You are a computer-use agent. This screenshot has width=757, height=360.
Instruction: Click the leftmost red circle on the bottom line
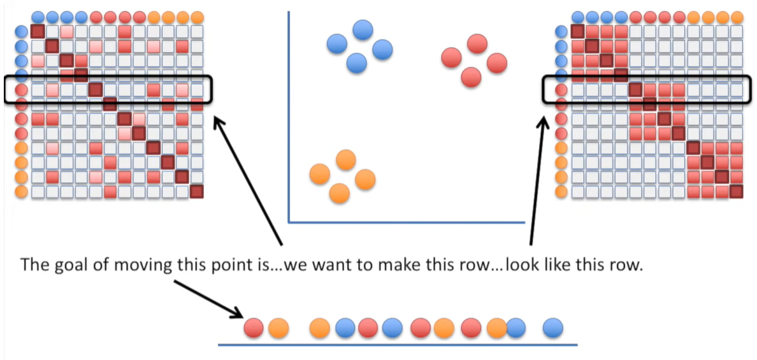pyautogui.click(x=254, y=328)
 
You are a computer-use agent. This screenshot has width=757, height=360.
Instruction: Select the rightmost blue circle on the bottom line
pyautogui.click(x=553, y=328)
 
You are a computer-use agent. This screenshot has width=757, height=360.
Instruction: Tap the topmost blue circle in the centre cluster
pyautogui.click(x=363, y=29)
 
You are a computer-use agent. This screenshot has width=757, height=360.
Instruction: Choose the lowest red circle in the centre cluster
pyautogui.click(x=471, y=77)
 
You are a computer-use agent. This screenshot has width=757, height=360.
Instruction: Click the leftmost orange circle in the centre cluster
pyautogui.click(x=319, y=173)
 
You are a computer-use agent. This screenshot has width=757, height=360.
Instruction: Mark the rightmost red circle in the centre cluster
pyautogui.click(x=496, y=62)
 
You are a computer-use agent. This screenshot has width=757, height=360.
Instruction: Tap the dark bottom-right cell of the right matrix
pyautogui.click(x=737, y=192)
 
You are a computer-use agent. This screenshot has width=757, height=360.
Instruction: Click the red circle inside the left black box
pyautogui.click(x=21, y=90)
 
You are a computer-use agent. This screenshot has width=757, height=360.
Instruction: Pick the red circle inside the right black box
pyautogui.click(x=561, y=90)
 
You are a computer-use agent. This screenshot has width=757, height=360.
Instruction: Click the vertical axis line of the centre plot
pyautogui.click(x=289, y=115)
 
